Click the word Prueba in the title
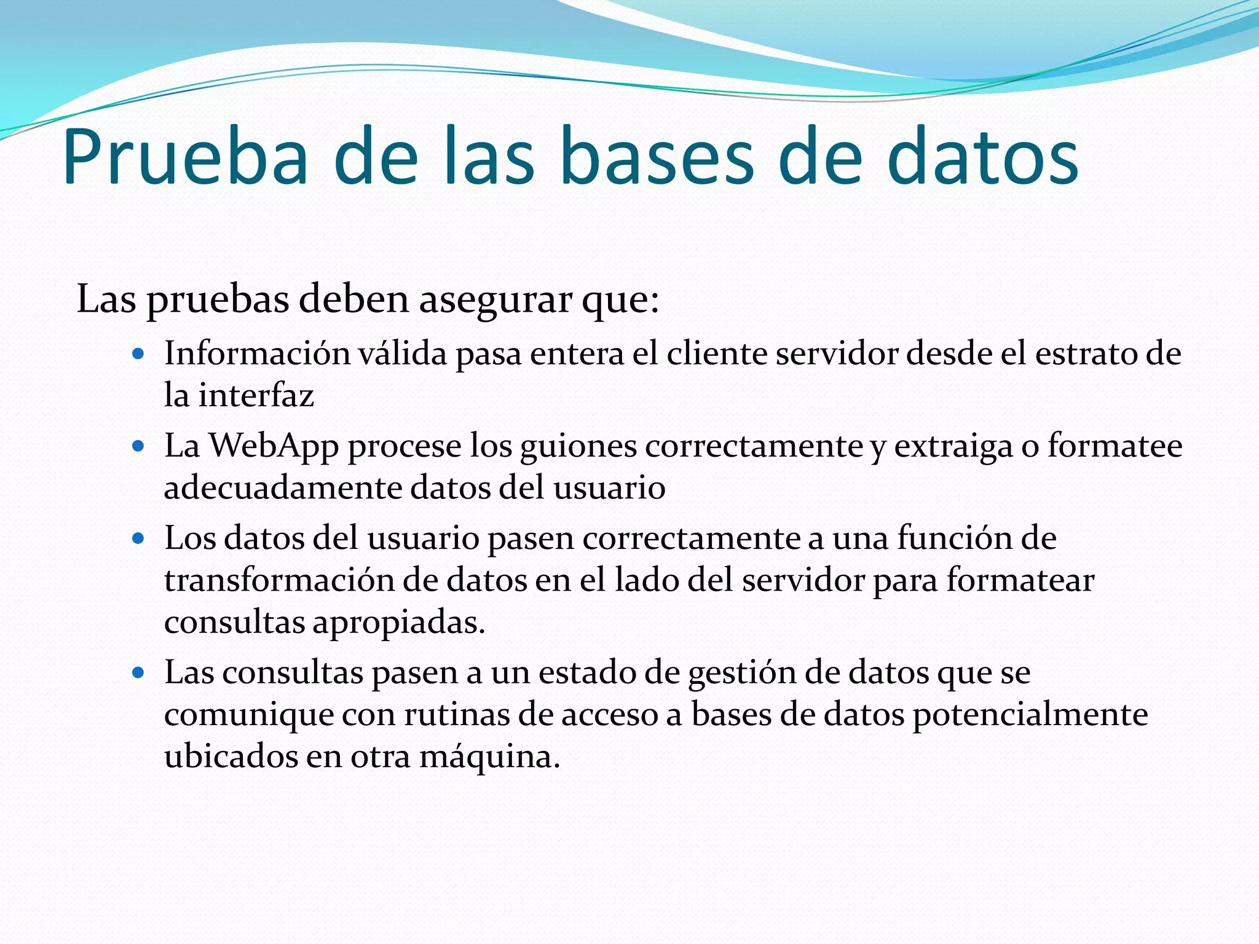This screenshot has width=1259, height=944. coord(185,157)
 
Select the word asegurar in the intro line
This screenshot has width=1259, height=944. coord(495,300)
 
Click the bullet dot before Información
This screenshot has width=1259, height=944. coord(138,354)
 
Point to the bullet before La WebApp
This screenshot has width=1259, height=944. coord(138,446)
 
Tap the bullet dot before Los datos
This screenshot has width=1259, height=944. coord(138,539)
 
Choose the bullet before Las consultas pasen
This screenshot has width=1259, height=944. coord(138,673)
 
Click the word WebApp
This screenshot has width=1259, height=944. coord(274,446)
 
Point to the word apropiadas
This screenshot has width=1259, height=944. coord(399,623)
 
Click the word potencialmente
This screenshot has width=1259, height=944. coord(1030,715)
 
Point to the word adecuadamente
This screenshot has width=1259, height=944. coord(283,489)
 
